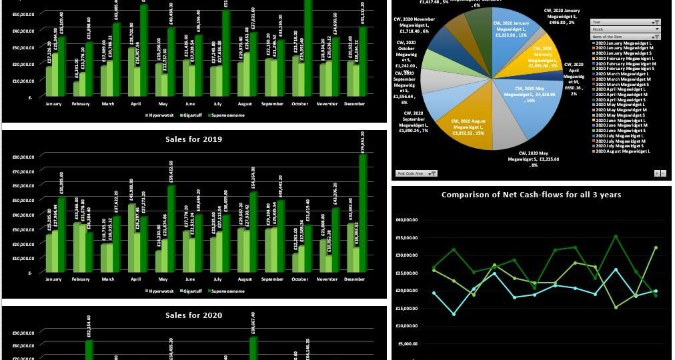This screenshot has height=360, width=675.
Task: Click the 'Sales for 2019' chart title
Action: pyautogui.click(x=194, y=139)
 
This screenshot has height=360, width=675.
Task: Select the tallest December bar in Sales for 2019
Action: pyautogui.click(x=363, y=213)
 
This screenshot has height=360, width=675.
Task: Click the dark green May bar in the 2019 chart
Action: pyautogui.click(x=171, y=227)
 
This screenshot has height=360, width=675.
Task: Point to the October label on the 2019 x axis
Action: pyautogui.click(x=299, y=279)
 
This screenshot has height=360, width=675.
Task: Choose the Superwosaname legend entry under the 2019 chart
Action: pyautogui.click(x=227, y=291)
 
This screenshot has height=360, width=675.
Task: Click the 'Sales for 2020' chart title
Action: pyautogui.click(x=194, y=315)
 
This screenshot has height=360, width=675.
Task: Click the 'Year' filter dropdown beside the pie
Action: pyautogui.click(x=625, y=22)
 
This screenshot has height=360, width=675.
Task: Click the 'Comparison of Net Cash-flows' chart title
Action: pyautogui.click(x=531, y=195)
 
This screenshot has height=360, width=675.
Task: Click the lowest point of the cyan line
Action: pyautogui.click(x=454, y=314)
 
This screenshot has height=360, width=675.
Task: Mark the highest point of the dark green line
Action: pyautogui.click(x=616, y=236)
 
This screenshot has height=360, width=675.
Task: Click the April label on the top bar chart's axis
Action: pyautogui.click(x=136, y=103)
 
